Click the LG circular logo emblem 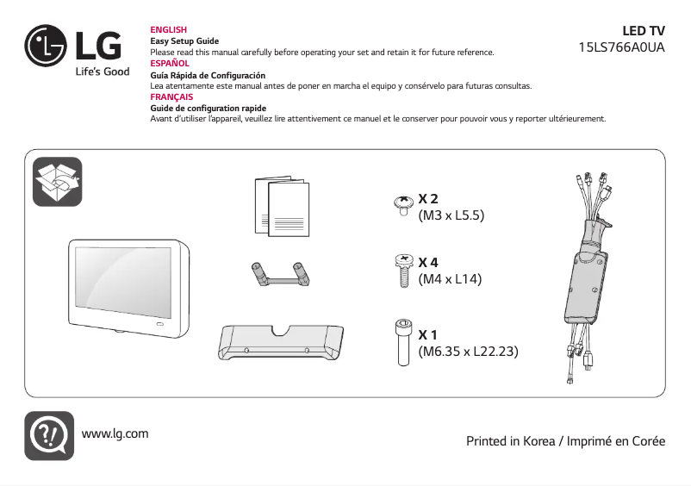[x=46, y=46]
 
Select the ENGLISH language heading [x=168, y=30]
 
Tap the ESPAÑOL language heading [x=170, y=64]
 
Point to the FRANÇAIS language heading [x=171, y=97]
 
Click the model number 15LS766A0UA [x=622, y=47]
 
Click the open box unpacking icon [x=57, y=182]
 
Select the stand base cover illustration [x=281, y=342]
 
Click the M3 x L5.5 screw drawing [x=402, y=205]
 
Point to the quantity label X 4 [x=428, y=262]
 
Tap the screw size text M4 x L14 [x=449, y=278]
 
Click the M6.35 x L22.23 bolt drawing [x=402, y=341]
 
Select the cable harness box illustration [x=588, y=274]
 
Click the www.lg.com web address [x=115, y=433]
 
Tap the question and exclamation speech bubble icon [x=47, y=435]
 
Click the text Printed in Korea [x=512, y=441]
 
